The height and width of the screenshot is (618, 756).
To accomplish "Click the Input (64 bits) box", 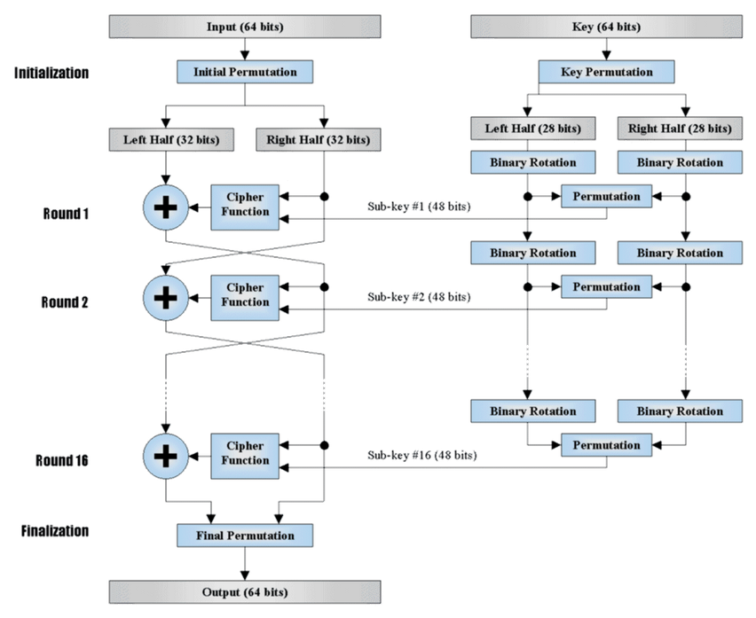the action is [244, 27].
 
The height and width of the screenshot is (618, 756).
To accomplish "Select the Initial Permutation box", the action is [244, 72].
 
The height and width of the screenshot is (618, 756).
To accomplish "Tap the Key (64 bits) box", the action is [606, 27].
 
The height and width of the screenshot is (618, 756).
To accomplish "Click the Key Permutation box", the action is [606, 72].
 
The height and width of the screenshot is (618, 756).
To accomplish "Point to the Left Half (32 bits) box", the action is [171, 140].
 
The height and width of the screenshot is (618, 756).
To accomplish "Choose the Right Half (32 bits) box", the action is [319, 140].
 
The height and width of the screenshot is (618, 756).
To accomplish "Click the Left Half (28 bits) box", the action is [532, 129].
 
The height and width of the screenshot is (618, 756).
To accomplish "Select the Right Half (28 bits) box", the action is [680, 129].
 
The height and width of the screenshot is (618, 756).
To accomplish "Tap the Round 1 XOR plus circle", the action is [165, 207].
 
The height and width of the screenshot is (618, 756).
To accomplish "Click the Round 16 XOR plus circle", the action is [165, 456].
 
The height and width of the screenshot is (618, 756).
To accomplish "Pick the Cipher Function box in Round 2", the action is [244, 298].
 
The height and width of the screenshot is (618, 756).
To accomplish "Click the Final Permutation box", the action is [244, 536].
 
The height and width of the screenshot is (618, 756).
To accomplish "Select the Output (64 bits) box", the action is [244, 592].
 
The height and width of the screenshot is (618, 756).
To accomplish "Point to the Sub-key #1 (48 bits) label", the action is [419, 207].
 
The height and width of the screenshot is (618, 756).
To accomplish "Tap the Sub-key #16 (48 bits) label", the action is [421, 455].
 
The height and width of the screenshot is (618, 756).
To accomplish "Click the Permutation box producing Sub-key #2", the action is [606, 286].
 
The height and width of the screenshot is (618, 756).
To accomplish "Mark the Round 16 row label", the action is [62, 460].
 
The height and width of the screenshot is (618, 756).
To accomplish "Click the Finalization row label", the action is [55, 531].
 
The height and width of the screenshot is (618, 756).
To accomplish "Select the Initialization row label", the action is [51, 73].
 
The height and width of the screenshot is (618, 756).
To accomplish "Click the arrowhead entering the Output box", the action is [244, 575].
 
